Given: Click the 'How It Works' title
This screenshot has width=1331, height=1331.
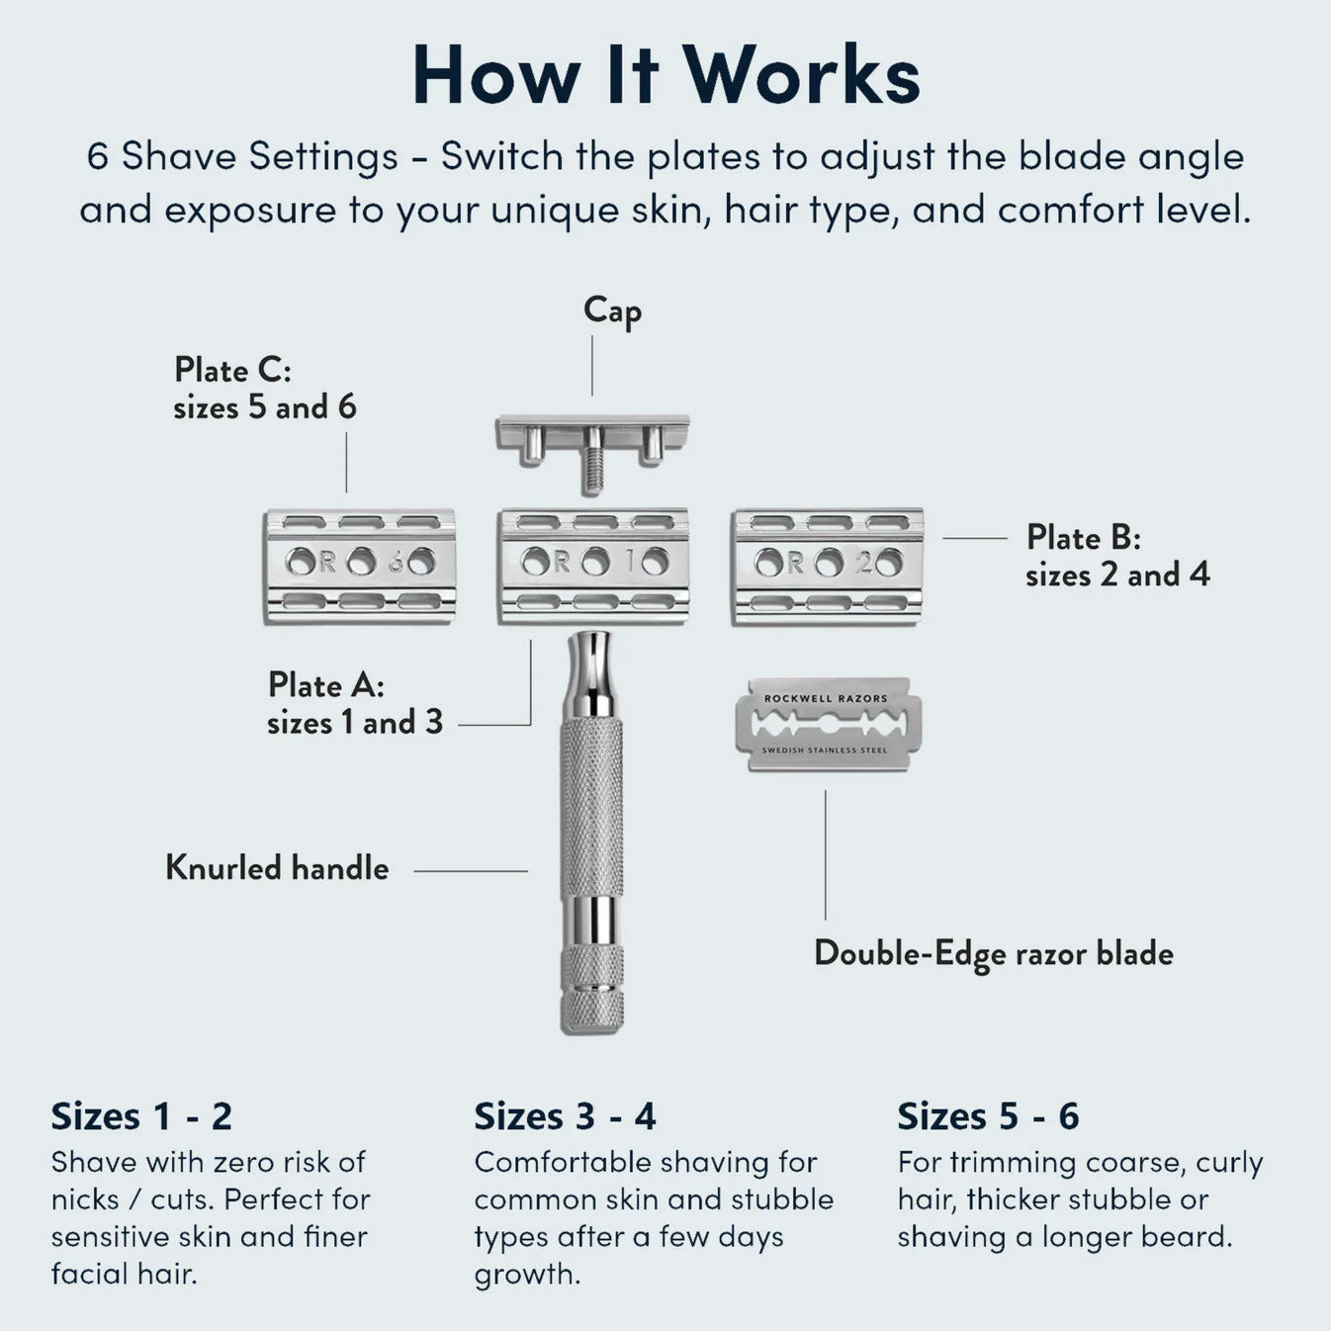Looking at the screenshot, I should coord(665,75).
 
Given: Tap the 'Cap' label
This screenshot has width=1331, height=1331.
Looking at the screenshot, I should coord(612,311).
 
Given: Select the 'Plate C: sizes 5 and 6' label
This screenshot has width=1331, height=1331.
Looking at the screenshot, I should coord(264,388).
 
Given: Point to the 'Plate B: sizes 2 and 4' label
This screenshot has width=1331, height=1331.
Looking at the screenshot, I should coord(1116,556).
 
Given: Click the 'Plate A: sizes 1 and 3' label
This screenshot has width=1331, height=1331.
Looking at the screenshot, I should coord(355,703).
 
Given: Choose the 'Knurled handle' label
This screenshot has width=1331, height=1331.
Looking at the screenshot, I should coord(277,868).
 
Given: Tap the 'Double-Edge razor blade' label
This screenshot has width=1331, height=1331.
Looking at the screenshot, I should coord(993,953).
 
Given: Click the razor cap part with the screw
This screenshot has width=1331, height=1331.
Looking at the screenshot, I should coord(592,436).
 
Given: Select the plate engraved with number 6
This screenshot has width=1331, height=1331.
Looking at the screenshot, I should coord(360,565).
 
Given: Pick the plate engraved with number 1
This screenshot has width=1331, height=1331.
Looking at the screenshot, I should coord(593,565).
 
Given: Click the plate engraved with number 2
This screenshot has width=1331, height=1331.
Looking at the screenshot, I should coord(828,565).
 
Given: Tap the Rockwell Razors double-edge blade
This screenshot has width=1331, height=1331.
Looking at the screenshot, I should coord(828,724).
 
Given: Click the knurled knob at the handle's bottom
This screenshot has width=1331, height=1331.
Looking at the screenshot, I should coord(591,989).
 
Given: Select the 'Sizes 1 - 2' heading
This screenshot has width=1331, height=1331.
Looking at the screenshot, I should coord(141,1116).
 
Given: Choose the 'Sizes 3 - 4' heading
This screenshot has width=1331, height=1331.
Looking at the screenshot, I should coord(565,1116).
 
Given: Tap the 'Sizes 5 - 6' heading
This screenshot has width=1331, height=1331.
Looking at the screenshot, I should coord(988,1116).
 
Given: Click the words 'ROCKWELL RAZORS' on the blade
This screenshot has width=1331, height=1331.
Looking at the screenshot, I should coord(826,698).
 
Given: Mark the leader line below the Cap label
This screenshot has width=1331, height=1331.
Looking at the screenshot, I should coord(592,366).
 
